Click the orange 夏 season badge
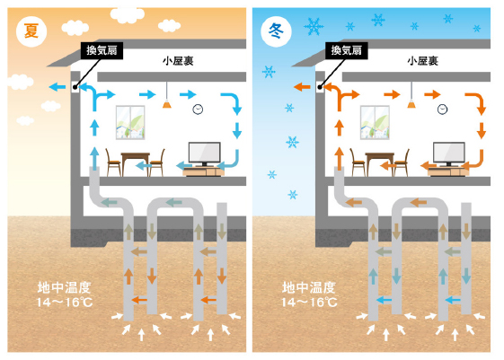tap(31, 31)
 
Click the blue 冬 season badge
tap(276, 31)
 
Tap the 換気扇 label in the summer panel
tap(102, 50)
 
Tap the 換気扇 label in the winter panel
tap(346, 50)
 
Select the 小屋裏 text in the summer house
tap(178, 61)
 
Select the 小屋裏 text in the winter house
tap(422, 61)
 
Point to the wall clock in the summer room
tap(198, 110)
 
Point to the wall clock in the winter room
tap(442, 110)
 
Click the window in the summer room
tap(130, 122)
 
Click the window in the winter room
tap(375, 122)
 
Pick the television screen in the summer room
tap(205, 153)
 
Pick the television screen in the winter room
tap(449, 153)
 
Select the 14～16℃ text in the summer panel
tap(65, 303)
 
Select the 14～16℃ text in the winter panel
tap(309, 303)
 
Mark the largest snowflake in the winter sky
tap(314, 26)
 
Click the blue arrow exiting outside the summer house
tap(57, 87)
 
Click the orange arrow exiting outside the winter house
tap(302, 87)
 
